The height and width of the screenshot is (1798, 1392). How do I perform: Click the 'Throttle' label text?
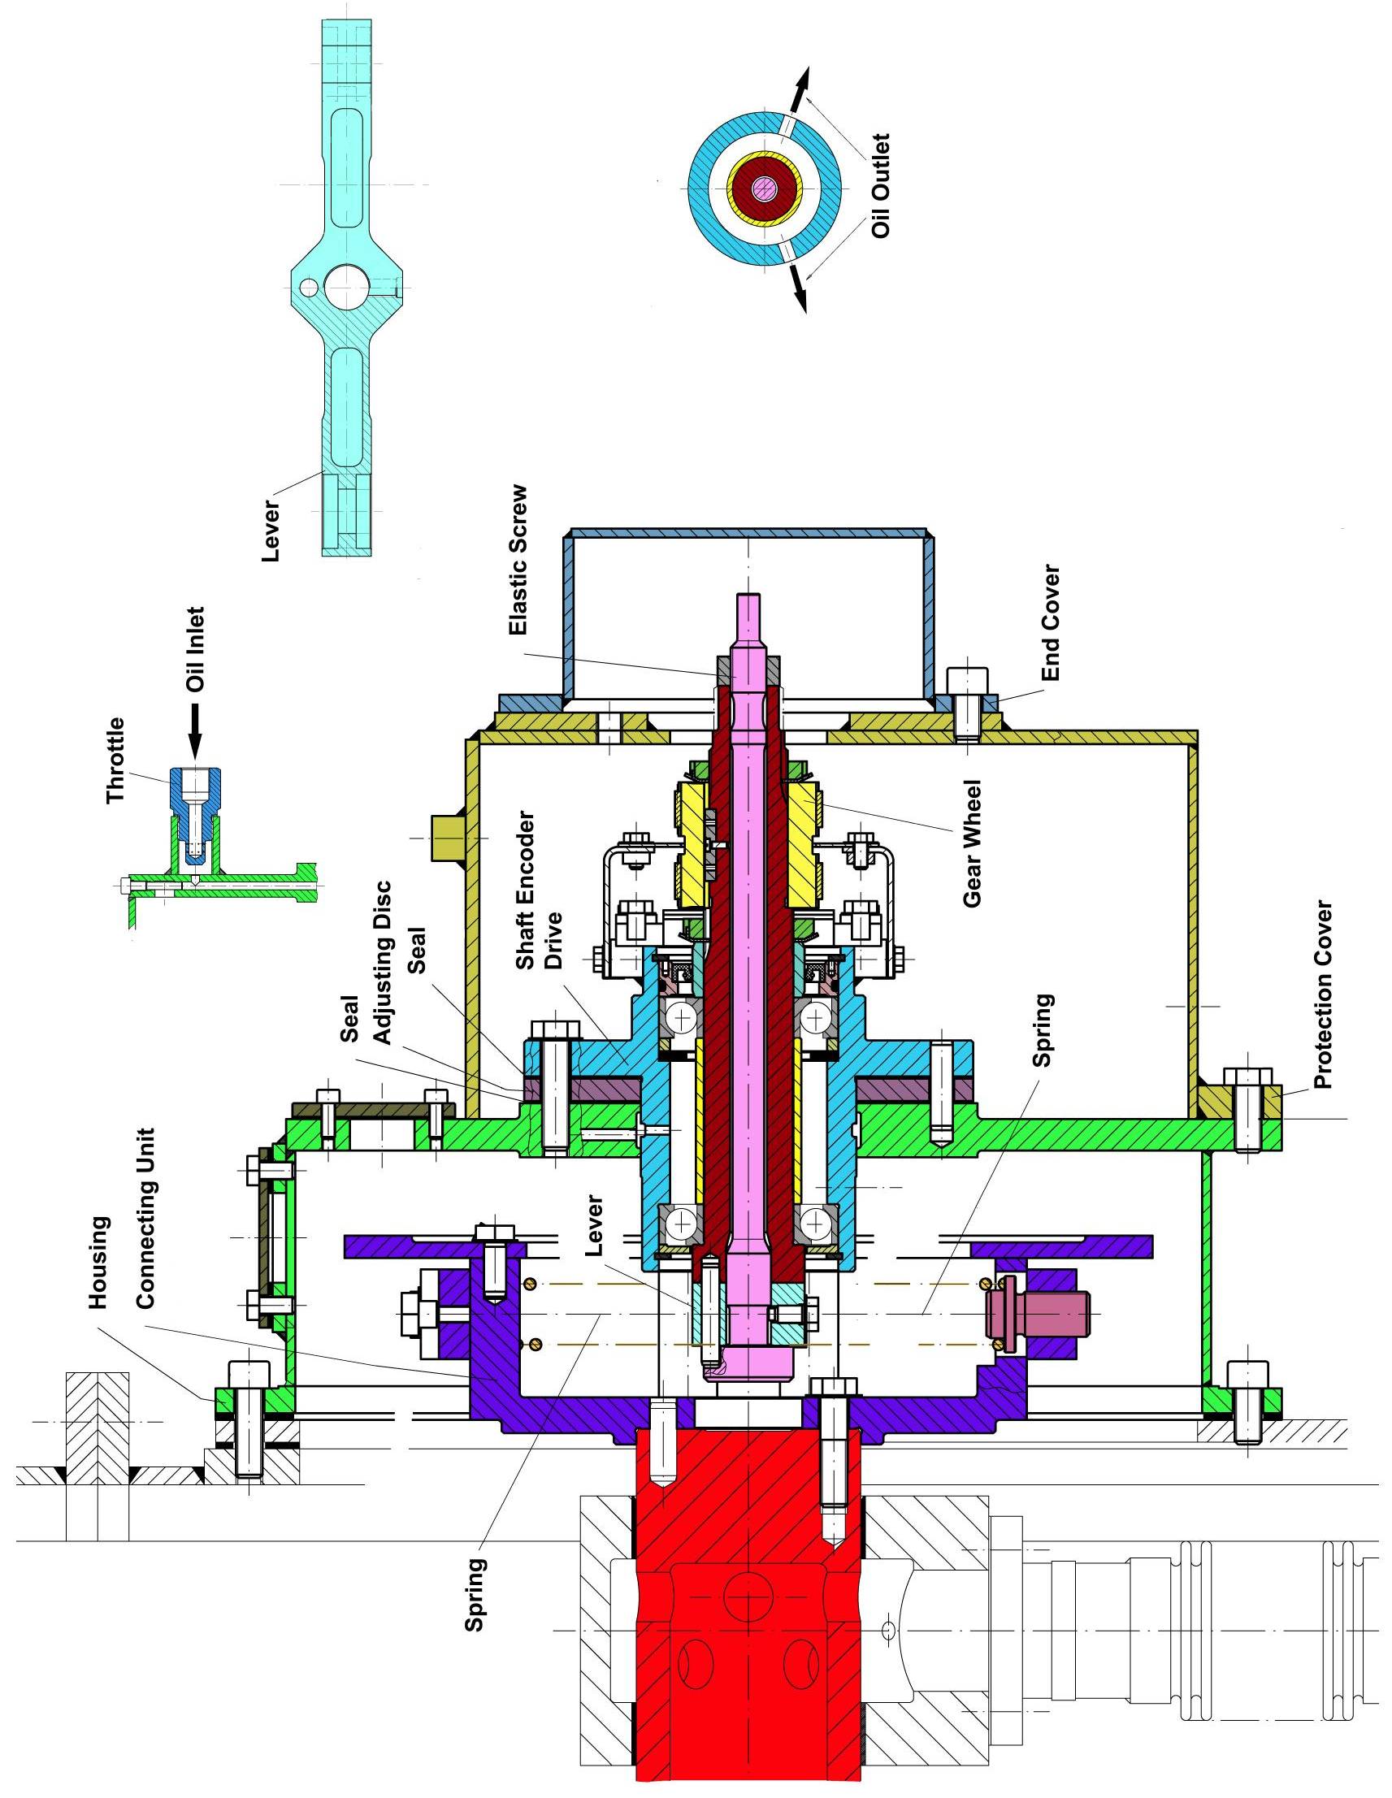117,760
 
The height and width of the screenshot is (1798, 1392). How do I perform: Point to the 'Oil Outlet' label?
881,186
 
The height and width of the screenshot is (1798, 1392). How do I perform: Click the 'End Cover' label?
1050,622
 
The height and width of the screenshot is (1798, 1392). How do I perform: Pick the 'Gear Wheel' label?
972,844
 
